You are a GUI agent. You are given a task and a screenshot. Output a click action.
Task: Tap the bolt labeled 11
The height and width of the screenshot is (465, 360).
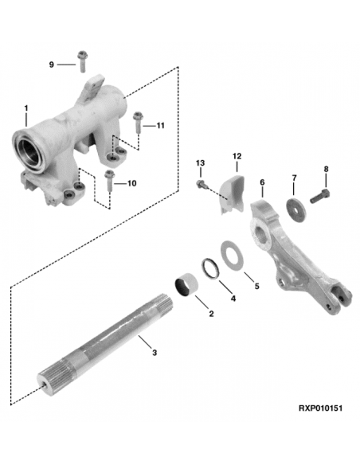point(138,121)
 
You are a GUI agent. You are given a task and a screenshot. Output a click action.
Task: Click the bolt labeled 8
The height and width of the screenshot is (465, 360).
point(320,193)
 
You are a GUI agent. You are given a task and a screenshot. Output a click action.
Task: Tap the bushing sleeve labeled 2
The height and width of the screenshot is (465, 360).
point(188,284)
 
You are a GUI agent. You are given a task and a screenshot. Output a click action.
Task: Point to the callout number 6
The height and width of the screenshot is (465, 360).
point(261,182)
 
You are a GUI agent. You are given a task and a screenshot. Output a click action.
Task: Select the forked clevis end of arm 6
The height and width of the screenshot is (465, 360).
point(335,301)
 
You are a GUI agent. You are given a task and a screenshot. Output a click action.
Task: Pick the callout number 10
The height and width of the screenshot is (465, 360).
point(131,183)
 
